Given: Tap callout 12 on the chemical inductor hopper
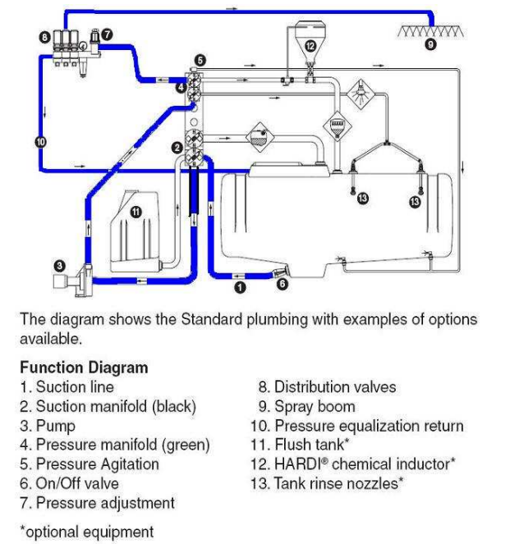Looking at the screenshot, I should (310, 46).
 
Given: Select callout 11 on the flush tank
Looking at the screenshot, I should (136, 211).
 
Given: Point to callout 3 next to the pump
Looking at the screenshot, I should (59, 265).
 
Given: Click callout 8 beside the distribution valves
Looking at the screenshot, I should (44, 36).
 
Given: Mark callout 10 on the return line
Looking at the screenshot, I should (41, 141).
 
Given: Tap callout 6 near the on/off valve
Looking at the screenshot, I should (282, 285).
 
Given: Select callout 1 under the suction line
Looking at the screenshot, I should (240, 287).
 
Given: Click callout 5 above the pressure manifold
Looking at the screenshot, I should (201, 60).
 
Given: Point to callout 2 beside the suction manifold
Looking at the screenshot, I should (176, 148).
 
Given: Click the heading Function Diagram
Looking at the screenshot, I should (84, 368).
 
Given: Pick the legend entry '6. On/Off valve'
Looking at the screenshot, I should (69, 484).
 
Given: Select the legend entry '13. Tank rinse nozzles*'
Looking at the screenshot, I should (326, 483).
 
